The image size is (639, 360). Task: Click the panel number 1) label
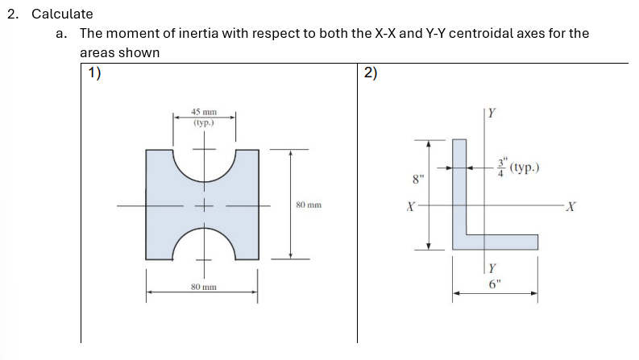(x=95, y=73)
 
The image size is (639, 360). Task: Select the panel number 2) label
(x=370, y=73)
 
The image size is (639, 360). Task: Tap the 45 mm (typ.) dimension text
(x=204, y=118)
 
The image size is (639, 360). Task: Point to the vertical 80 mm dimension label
(x=309, y=205)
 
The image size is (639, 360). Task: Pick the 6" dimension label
(x=495, y=283)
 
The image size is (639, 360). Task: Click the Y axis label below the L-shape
(x=493, y=268)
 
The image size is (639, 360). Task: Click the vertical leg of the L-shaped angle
(x=459, y=189)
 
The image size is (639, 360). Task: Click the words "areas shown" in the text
(x=119, y=52)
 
